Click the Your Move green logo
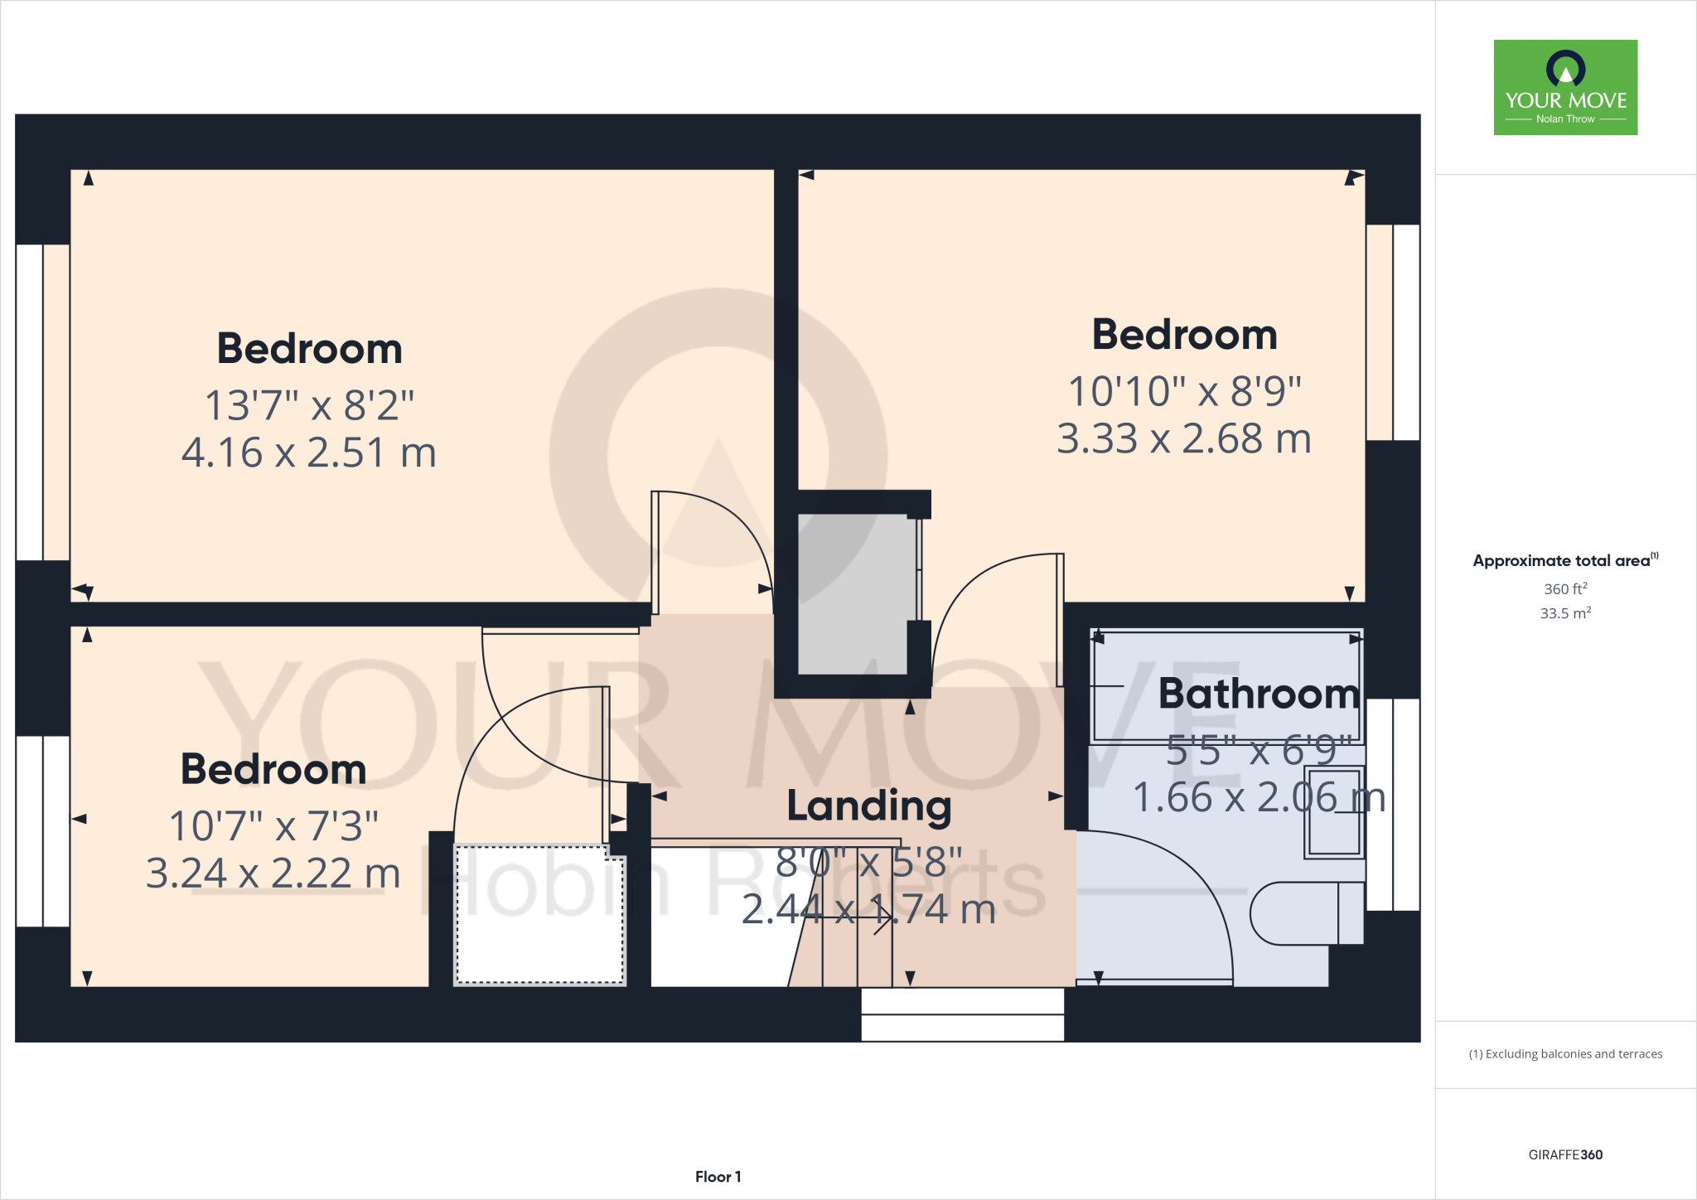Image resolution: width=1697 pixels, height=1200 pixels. [1565, 87]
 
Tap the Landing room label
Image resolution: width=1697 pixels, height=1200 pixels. [868, 806]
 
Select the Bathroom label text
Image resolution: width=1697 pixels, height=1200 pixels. [1258, 694]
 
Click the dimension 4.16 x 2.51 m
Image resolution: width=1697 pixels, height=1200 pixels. [308, 453]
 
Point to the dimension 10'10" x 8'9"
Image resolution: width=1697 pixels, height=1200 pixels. [1184, 392]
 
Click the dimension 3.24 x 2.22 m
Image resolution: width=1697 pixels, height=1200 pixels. [273, 873]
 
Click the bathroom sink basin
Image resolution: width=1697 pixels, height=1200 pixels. [1333, 813]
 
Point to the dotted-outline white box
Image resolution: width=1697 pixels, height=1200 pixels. [539, 914]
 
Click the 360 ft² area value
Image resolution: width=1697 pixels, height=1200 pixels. [1564, 589]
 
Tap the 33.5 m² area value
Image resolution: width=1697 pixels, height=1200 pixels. [1564, 614]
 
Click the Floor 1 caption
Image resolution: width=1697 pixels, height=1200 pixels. [718, 1177]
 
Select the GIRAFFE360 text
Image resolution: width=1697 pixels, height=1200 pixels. [1564, 1154]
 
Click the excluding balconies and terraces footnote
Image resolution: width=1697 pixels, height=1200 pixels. [1564, 1054]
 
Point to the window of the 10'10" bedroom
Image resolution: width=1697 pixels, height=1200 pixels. [1394, 331]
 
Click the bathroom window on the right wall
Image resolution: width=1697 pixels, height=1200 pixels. [1394, 804]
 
